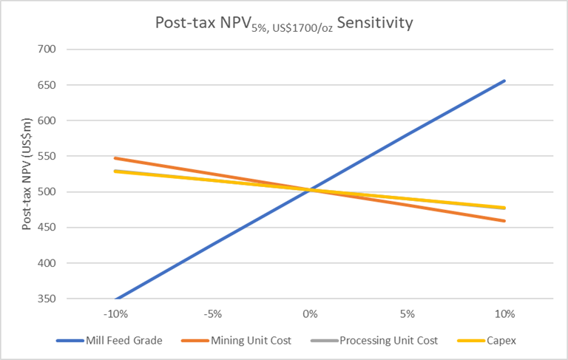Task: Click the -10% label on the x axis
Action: tap(115, 313)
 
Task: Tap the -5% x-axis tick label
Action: tap(213, 313)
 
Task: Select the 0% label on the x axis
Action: tap(310, 313)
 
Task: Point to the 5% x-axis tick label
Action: tap(408, 313)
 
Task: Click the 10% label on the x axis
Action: tap(504, 313)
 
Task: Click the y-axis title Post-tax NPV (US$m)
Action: tap(27, 174)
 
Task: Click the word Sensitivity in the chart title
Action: tap(374, 23)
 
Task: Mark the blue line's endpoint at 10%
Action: tap(504, 81)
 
